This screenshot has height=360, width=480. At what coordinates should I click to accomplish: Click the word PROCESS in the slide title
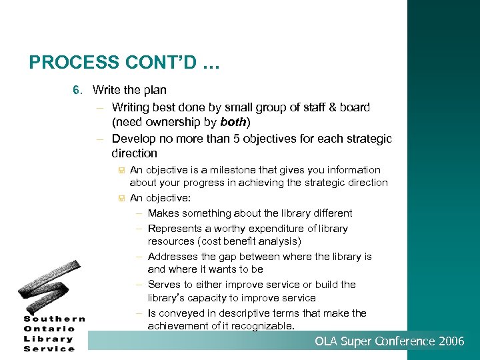tap(74, 63)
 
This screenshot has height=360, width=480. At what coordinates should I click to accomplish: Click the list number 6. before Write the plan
tap(77, 90)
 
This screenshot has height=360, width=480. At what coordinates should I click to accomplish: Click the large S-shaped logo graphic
tap(51, 279)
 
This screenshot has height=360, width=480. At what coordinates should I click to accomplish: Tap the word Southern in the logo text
tap(54, 318)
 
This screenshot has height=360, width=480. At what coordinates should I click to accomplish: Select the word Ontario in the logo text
tap(49, 328)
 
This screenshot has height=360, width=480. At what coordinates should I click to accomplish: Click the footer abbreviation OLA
tap(326, 341)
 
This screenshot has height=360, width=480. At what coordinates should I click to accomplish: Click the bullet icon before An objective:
tap(121, 198)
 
